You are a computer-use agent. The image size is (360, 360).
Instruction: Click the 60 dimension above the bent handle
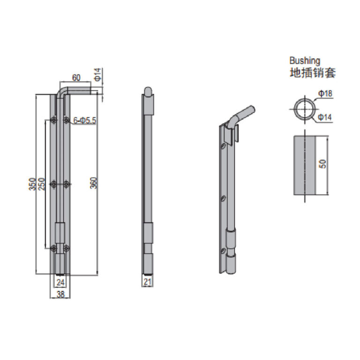click(x=76, y=78)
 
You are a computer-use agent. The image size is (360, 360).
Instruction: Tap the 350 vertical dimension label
click(x=33, y=184)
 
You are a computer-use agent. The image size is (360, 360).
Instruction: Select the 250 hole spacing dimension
click(x=42, y=184)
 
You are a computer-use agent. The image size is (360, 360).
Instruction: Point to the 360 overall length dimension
click(x=93, y=183)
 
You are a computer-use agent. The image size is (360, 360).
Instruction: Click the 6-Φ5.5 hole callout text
click(x=84, y=120)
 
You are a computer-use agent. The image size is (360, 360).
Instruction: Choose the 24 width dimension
click(x=60, y=282)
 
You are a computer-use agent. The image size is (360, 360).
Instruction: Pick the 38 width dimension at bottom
click(x=60, y=294)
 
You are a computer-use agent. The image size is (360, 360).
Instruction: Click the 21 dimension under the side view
click(x=148, y=282)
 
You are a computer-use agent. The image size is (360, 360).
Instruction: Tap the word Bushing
click(x=305, y=60)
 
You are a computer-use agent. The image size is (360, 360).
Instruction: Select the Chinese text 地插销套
click(x=313, y=73)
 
